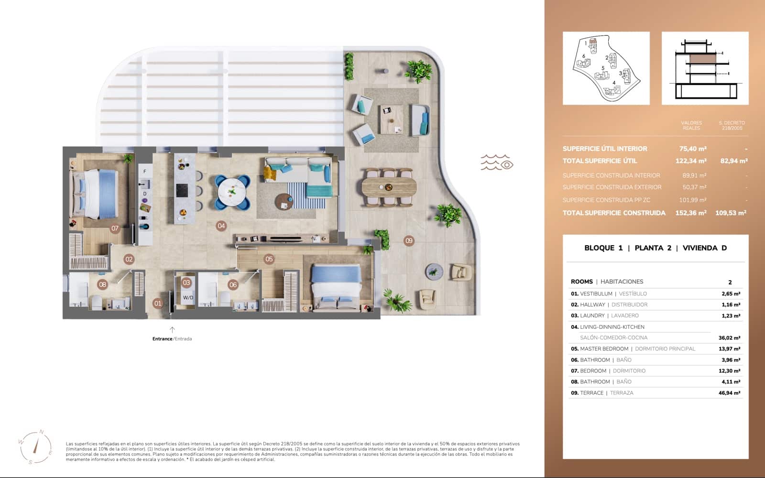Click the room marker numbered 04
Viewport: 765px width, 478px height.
pos(221,226)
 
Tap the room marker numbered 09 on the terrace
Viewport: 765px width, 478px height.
pos(408,240)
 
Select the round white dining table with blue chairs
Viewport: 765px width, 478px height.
pos(232,192)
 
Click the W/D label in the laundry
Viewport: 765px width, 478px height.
pos(188,297)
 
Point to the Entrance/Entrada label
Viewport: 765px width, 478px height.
pos(172,339)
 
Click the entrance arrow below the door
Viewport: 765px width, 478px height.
pos(172,329)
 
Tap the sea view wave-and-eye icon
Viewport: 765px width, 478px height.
pos(497,163)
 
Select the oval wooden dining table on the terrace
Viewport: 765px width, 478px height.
pos(389,186)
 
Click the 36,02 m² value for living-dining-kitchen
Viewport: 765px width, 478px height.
pos(729,337)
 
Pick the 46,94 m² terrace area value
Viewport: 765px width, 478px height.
pos(729,393)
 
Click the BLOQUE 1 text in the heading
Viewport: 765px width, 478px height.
pos(603,248)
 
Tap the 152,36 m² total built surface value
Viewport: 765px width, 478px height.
pos(690,213)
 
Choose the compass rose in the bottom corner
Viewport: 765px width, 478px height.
pos(36,447)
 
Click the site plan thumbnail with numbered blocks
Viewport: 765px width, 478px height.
pos(606,68)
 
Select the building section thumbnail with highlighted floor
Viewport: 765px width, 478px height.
pos(705,68)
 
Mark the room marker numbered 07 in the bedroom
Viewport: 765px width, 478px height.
pos(115,228)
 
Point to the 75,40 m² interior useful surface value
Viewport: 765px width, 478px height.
pos(692,149)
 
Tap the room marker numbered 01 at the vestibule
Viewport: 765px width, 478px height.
pos(157,303)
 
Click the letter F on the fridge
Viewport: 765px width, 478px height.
pos(145,171)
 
